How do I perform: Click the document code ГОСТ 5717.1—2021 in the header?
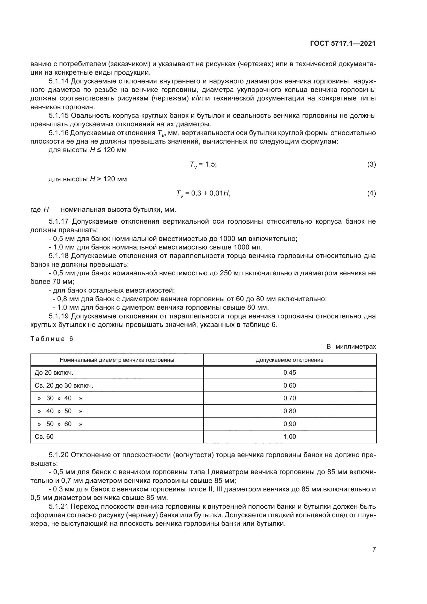[343, 44]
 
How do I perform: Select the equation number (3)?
[371, 164]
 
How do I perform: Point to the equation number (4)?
[371, 193]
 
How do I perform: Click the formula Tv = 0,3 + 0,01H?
[203, 194]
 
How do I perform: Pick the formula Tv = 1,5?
[203, 165]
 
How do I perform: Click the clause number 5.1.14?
[58, 81]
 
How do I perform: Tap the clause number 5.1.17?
[58, 222]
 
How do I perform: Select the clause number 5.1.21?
[58, 506]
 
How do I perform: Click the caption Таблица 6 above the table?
[52, 339]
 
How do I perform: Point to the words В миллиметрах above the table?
[351, 347]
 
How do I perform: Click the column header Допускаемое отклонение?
[289, 360]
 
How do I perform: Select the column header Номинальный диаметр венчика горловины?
[117, 360]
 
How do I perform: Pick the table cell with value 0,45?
[289, 373]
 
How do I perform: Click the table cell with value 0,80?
[289, 411]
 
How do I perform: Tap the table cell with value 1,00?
[289, 437]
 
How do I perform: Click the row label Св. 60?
[44, 437]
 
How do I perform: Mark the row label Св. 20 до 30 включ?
[64, 385]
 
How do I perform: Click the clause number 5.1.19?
[58, 316]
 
